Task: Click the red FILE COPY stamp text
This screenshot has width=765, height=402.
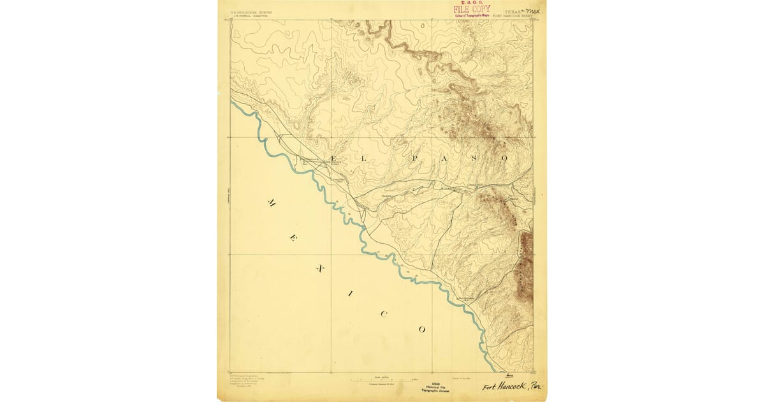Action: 472,10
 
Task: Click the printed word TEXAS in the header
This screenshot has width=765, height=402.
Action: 511,11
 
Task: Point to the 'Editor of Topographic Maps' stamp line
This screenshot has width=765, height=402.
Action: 472,15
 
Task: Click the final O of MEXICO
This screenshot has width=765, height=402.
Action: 421,329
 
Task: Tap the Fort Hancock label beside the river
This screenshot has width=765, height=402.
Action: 310,160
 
